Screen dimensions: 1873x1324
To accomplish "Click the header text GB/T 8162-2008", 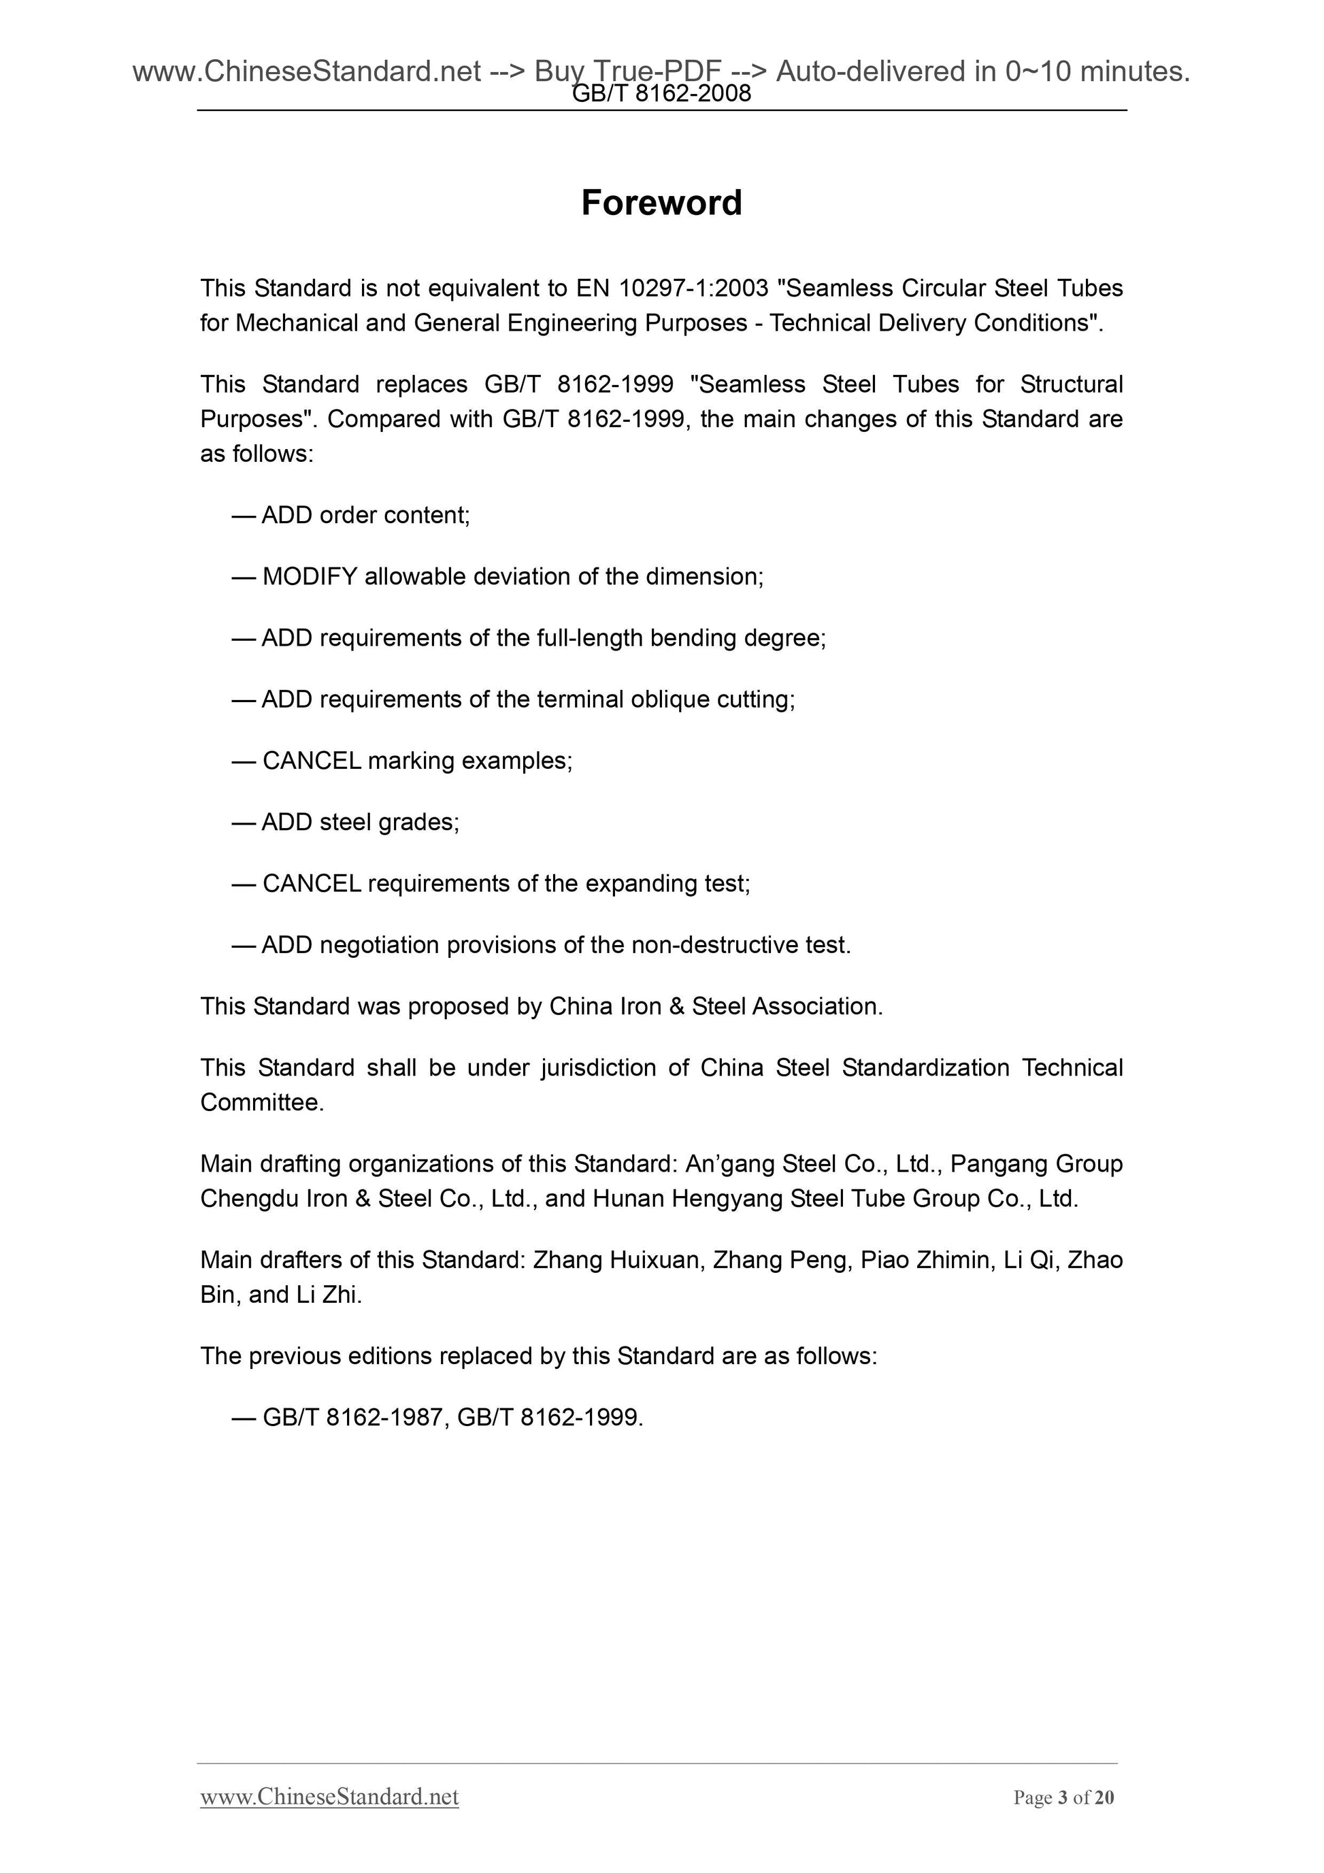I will pyautogui.click(x=661, y=95).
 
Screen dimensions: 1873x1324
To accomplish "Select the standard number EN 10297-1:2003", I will pyautogui.click(x=672, y=288).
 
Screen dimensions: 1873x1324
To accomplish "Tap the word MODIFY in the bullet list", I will pyautogui.click(x=310, y=577).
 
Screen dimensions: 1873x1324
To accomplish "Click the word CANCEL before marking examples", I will pyautogui.click(x=312, y=761).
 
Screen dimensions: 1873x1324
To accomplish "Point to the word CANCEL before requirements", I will pyautogui.click(x=312, y=884).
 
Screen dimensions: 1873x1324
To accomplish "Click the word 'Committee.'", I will pyautogui.click(x=262, y=1103).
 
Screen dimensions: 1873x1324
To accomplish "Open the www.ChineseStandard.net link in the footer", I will pyautogui.click(x=329, y=1819).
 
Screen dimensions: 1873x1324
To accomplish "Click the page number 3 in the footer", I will pyautogui.click(x=1063, y=1820).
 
